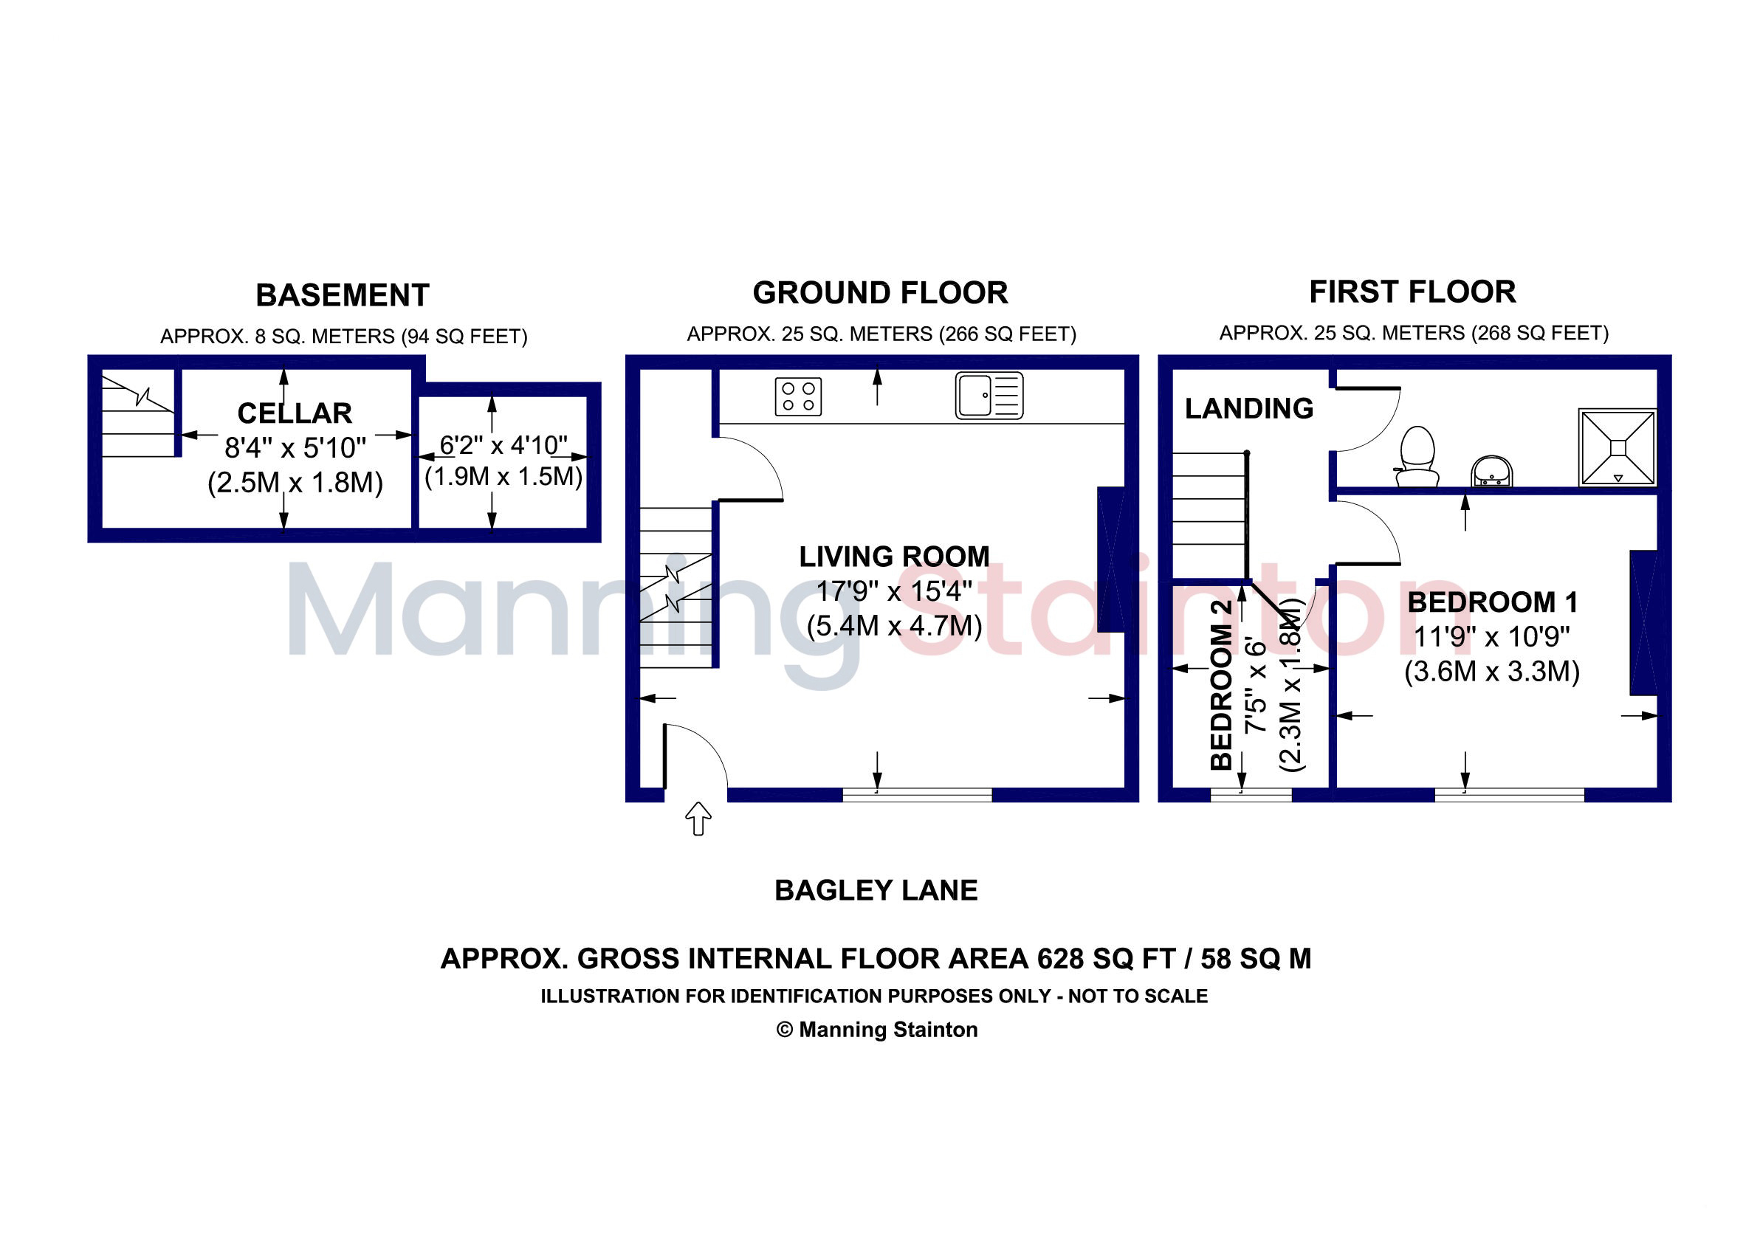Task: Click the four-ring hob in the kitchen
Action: [x=798, y=396]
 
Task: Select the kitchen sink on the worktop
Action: [x=989, y=396]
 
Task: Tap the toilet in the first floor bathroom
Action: [x=1417, y=457]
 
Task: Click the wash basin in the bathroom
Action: [x=1491, y=472]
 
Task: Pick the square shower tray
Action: [x=1618, y=447]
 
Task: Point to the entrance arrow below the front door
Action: [x=698, y=819]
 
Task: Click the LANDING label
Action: [x=1248, y=408]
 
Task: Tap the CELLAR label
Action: [x=295, y=413]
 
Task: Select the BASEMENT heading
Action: [x=342, y=295]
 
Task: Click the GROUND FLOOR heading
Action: [x=880, y=293]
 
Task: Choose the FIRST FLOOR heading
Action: [x=1412, y=292]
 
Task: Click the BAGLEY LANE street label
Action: [x=876, y=890]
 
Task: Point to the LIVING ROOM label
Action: [x=895, y=557]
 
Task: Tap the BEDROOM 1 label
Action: [x=1493, y=602]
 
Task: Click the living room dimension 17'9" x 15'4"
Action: [x=895, y=590]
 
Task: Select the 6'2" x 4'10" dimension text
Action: [x=503, y=444]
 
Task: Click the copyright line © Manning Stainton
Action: [x=877, y=1030]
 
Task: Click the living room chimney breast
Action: [x=1112, y=559]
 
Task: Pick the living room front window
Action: [x=917, y=795]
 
